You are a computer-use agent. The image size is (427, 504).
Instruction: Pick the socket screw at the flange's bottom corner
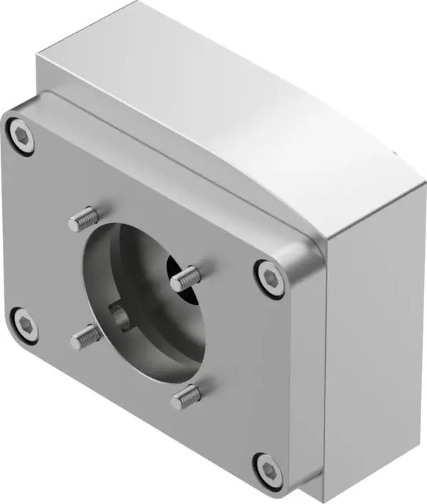(x=269, y=468)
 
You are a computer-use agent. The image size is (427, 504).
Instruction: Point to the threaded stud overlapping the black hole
(x=186, y=278)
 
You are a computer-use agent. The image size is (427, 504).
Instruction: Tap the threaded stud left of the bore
(x=86, y=336)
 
